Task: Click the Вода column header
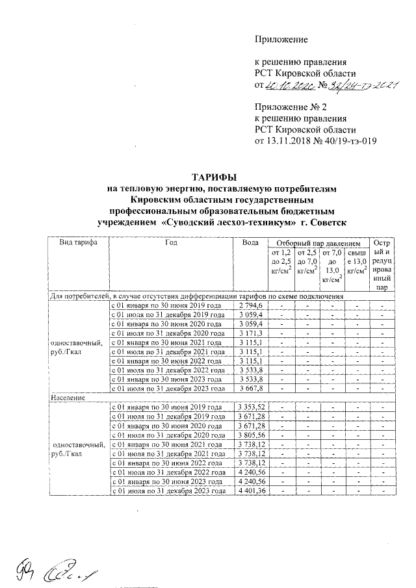[251, 261]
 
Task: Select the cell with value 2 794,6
[250, 305]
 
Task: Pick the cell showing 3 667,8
[250, 389]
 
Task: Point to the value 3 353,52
[250, 407]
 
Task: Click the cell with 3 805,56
[250, 435]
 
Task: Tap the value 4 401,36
[250, 492]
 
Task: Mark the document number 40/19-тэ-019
[350, 140]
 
